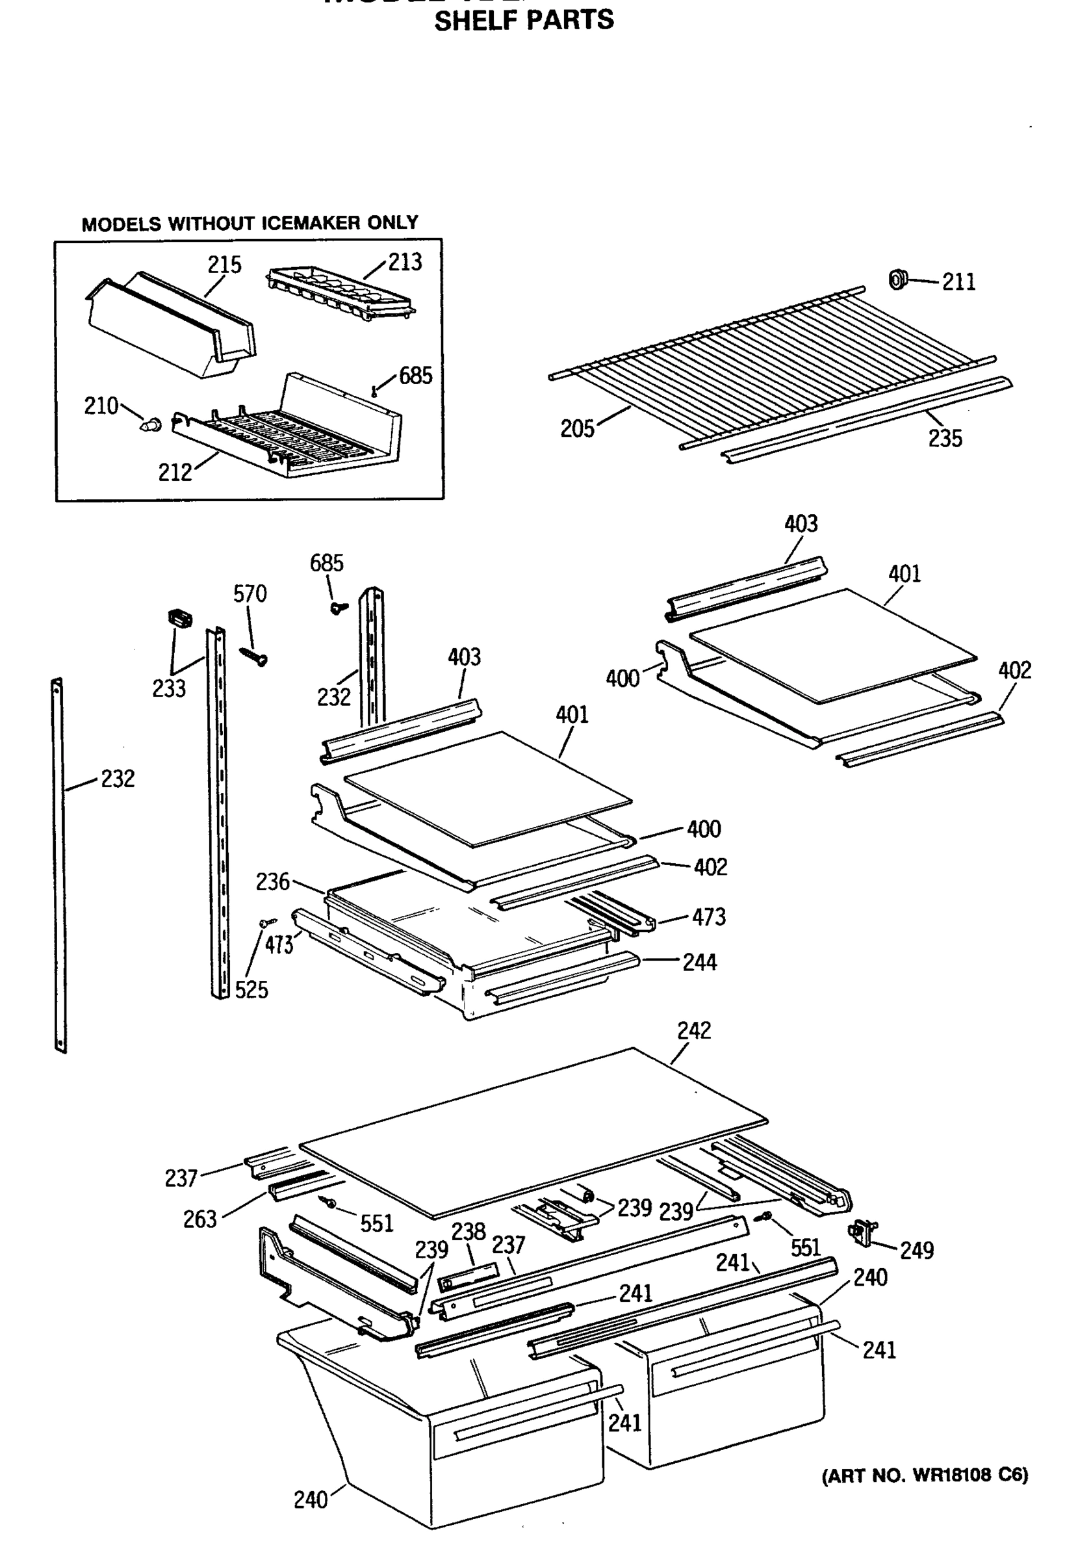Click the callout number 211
[x=958, y=282]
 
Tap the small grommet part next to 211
[x=897, y=279]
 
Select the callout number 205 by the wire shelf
[x=577, y=428]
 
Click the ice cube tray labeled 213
[x=341, y=294]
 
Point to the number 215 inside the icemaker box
[x=224, y=265]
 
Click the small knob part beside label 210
[x=151, y=424]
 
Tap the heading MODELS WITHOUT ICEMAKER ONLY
[x=250, y=223]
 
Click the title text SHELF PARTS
[x=524, y=20]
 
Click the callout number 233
[x=168, y=689]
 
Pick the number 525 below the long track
[x=251, y=989]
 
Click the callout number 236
[x=272, y=881]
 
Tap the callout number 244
[x=699, y=963]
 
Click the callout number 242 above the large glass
[x=694, y=1030]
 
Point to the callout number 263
[x=200, y=1219]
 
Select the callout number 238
[x=468, y=1231]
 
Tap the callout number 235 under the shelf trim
[x=945, y=438]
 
